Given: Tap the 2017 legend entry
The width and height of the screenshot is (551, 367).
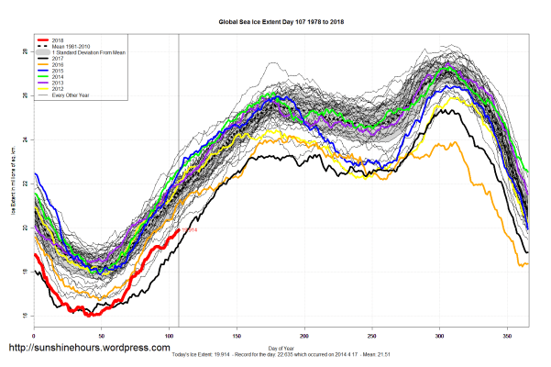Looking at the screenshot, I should click(58, 59).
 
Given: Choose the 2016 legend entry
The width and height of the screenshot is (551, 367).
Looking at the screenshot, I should click(58, 64).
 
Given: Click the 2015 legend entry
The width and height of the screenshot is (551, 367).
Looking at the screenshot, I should click(58, 70).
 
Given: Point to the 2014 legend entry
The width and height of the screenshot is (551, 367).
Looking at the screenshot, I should click(58, 75).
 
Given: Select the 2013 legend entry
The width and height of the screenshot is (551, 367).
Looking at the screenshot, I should click(58, 81).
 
